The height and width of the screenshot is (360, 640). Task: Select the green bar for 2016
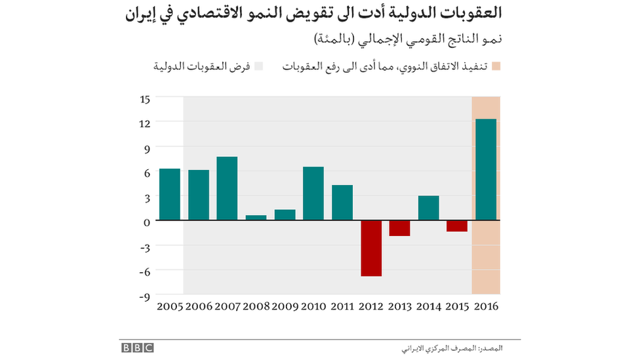pos(486,170)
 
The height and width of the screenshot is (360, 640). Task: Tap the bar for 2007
pos(227,188)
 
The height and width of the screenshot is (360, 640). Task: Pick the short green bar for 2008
pos(256,217)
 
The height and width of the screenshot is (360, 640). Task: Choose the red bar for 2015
pos(457,226)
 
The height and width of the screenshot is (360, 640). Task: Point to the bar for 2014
pos(428,208)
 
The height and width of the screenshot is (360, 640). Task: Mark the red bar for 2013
pos(399,228)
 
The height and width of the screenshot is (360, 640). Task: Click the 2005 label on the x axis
pos(169,306)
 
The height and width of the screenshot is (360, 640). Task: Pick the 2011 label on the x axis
pos(342,306)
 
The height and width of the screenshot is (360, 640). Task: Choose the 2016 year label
pos(486,306)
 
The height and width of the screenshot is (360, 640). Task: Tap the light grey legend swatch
pos(258,67)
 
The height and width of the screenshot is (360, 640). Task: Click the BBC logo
pos(136,348)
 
